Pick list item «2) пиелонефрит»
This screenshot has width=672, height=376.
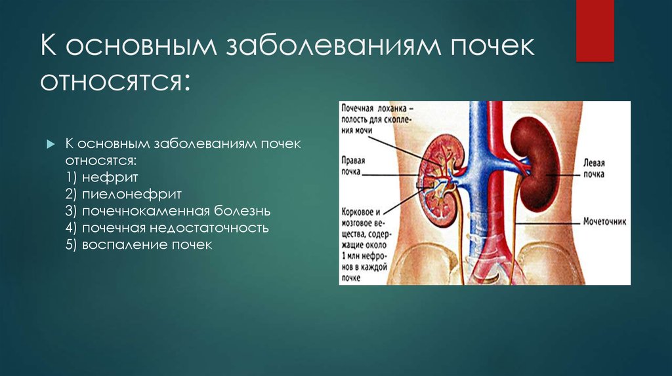pyautogui.click(x=123, y=195)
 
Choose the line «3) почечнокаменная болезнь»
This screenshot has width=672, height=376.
pyautogui.click(x=167, y=212)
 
